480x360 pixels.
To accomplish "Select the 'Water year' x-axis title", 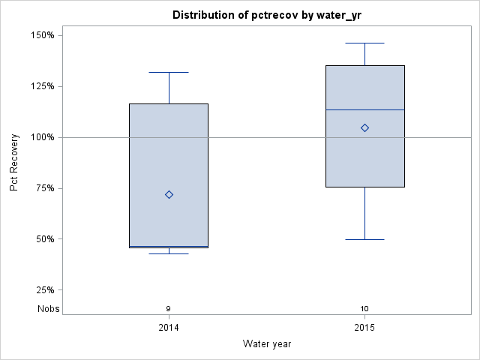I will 267,343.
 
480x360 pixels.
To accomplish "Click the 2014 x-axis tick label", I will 169,328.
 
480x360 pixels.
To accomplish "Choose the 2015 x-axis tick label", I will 364,328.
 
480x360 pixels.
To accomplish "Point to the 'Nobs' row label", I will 49,308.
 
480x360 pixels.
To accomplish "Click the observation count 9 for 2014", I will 169,308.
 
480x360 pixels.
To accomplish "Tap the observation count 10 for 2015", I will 364,308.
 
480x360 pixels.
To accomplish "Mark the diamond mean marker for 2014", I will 169,194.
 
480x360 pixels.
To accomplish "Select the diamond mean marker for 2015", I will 364,127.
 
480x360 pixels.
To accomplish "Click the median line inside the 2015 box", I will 364,109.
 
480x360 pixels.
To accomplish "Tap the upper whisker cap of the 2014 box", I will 169,72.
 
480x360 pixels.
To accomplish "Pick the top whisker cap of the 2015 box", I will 364,43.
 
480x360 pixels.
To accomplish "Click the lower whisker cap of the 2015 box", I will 364,239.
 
